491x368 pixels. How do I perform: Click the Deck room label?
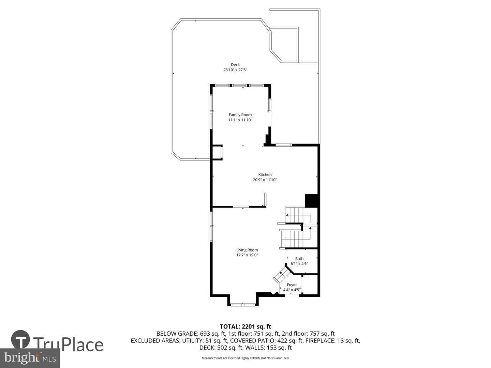235,65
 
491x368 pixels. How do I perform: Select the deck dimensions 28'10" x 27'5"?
235,70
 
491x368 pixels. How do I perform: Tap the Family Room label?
240,115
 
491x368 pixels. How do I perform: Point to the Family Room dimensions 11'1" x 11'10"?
240,120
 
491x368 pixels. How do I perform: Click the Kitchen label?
265,175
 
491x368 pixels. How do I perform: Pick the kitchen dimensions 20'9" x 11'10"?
265,180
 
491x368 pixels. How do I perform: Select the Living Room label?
247,250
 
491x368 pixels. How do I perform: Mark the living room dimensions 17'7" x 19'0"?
247,255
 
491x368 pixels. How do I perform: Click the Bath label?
299,259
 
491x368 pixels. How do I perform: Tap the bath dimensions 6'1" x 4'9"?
299,264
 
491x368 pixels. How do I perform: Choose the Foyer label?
292,285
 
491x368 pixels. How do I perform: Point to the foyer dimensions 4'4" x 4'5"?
292,290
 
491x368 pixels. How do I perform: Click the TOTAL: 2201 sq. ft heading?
245,327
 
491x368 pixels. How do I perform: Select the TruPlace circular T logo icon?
20,339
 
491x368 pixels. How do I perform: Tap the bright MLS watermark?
30,358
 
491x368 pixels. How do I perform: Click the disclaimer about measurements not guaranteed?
245,358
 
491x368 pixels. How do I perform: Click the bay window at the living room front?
243,304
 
